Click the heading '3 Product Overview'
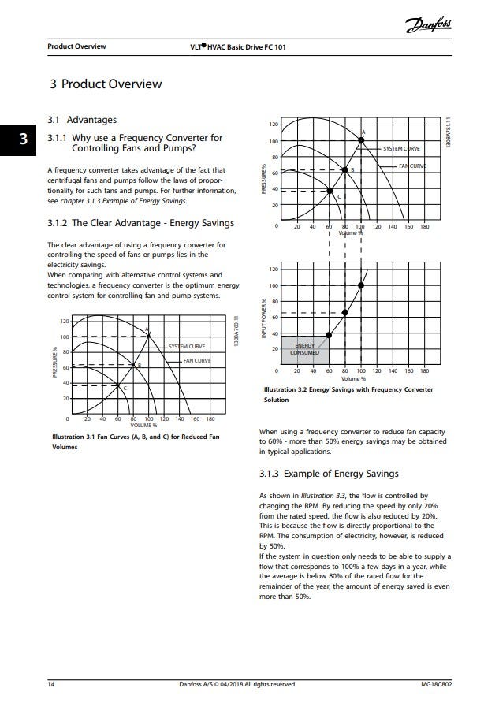(106, 84)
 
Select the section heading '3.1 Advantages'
(82, 120)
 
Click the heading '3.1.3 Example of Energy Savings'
(329, 474)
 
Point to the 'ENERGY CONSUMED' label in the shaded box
(304, 349)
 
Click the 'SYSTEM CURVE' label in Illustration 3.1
(187, 346)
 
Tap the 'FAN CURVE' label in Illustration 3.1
(196, 361)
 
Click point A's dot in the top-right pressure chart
(361, 140)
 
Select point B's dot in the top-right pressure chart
(344, 169)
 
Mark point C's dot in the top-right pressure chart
(330, 190)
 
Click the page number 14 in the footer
(51, 684)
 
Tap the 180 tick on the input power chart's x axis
(425, 370)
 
